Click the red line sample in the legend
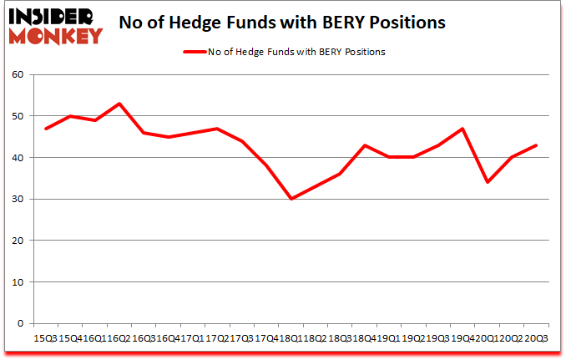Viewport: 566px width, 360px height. pyautogui.click(x=194, y=52)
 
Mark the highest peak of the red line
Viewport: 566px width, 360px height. pyautogui.click(x=119, y=104)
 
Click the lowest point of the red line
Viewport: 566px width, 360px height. pyautogui.click(x=291, y=200)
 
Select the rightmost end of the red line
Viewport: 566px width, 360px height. pyautogui.click(x=537, y=145)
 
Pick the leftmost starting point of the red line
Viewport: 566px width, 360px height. pyautogui.click(x=45, y=129)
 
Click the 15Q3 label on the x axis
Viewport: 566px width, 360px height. pyautogui.click(x=45, y=337)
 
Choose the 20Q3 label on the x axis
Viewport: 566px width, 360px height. pyautogui.click(x=537, y=337)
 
